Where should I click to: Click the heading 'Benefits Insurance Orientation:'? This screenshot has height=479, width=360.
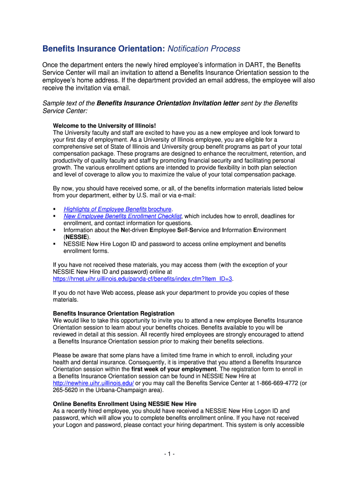click(x=103, y=49)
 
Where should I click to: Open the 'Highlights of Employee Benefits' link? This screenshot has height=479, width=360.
click(x=105, y=209)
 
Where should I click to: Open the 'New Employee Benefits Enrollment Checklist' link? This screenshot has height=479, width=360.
click(x=122, y=216)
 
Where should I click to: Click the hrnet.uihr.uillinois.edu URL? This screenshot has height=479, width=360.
click(x=143, y=279)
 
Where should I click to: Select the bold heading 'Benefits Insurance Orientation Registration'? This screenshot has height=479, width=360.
click(x=114, y=313)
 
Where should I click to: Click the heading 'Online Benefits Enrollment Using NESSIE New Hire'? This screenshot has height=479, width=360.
click(x=125, y=404)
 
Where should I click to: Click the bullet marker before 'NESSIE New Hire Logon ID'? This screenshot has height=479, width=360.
click(x=55, y=244)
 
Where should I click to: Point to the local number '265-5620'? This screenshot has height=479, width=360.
click(x=67, y=390)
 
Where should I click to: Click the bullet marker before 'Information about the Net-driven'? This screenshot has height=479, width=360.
click(x=55, y=230)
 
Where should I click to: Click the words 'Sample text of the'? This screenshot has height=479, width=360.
click(x=69, y=103)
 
